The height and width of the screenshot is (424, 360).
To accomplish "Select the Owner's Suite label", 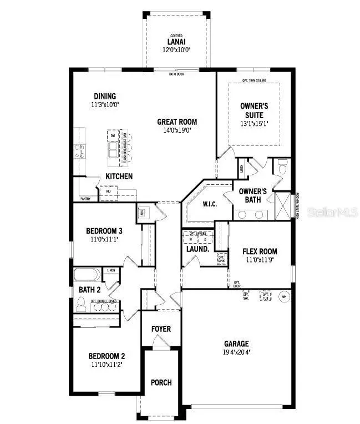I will [x=254, y=110].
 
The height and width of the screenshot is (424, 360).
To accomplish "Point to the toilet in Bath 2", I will [x=82, y=304].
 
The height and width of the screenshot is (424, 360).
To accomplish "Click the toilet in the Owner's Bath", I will [x=282, y=166].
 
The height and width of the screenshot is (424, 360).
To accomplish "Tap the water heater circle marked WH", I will [x=285, y=295].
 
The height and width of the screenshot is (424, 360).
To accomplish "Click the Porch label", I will [x=161, y=382].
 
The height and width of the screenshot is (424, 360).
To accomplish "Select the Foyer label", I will [x=161, y=329].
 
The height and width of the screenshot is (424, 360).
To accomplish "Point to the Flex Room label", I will [x=260, y=251].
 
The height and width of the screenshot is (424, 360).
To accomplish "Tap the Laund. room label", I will [x=197, y=249].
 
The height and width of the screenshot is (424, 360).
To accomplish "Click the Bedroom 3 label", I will [x=104, y=231].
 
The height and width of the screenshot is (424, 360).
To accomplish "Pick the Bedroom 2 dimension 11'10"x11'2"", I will [x=107, y=365].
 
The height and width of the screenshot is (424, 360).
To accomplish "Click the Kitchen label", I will [x=119, y=176].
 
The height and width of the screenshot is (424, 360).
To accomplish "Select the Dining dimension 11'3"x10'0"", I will [x=104, y=104].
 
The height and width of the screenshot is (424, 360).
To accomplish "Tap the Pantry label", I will [x=85, y=198].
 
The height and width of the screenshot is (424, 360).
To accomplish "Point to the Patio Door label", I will [x=177, y=73].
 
